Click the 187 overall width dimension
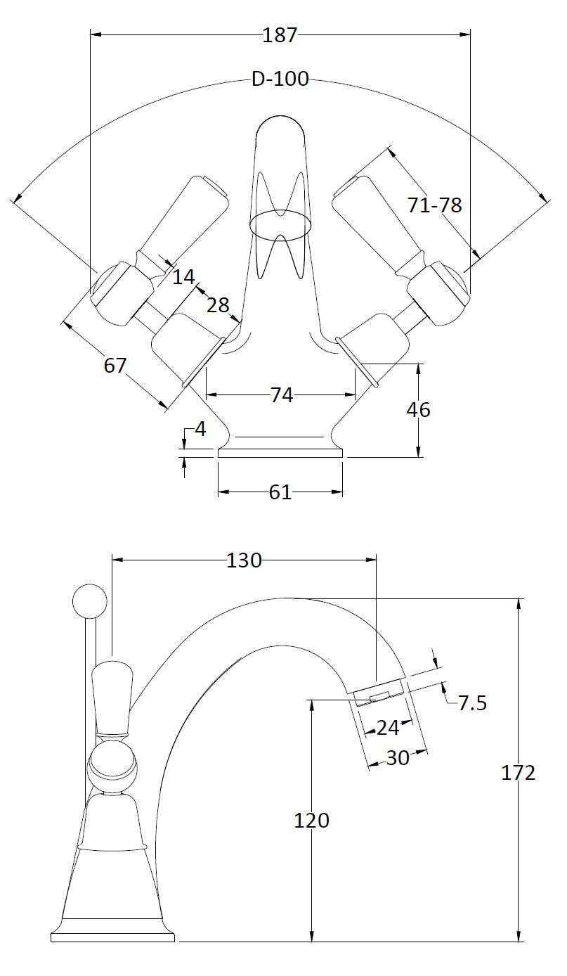pyautogui.click(x=280, y=34)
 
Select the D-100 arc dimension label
pyautogui.click(x=280, y=79)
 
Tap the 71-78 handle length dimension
pyautogui.click(x=434, y=205)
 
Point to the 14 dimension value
pyautogui.click(x=183, y=277)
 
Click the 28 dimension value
pyautogui.click(x=218, y=304)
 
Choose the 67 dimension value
pyautogui.click(x=115, y=366)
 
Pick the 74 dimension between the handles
pyautogui.click(x=281, y=396)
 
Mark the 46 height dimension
pyautogui.click(x=418, y=409)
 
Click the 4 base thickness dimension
pyautogui.click(x=200, y=429)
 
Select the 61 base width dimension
pyautogui.click(x=280, y=492)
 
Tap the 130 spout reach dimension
pyautogui.click(x=244, y=560)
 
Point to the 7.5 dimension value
pyautogui.click(x=472, y=703)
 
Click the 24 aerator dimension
pyautogui.click(x=387, y=728)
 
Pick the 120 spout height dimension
pyautogui.click(x=312, y=820)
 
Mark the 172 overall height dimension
pyautogui.click(x=519, y=773)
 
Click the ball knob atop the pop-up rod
pyautogui.click(x=90, y=601)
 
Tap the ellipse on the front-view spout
pyautogui.click(x=280, y=224)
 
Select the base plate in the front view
pyautogui.click(x=280, y=454)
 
